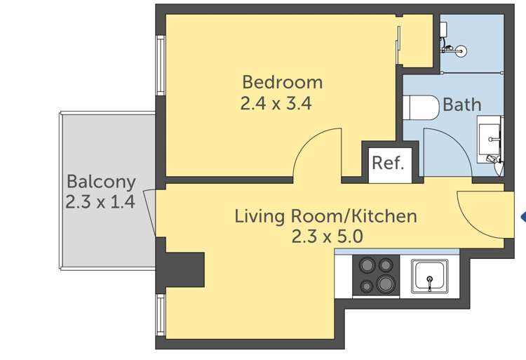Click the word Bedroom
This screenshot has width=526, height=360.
point(282,81)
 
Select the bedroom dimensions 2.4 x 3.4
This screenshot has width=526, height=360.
point(276,104)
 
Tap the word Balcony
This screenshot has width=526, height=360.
point(101,182)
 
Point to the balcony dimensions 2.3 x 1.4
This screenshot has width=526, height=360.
point(100,202)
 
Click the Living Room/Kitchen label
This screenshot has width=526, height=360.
point(325,215)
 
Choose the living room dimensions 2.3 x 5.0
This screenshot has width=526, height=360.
point(327,236)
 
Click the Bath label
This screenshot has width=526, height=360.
point(461,105)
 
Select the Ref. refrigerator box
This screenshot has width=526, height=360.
point(388,163)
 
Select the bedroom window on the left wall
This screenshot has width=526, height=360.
point(160,65)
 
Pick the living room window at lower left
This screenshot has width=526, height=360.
point(160,316)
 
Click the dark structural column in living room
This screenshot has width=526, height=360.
point(184,267)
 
